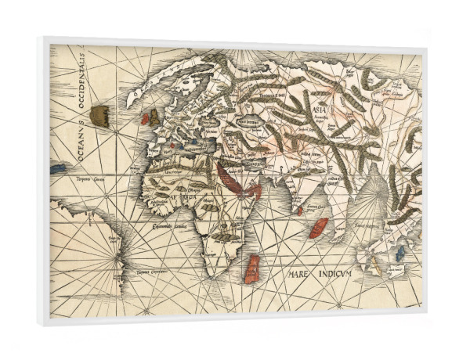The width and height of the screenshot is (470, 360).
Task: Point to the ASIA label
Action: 320,110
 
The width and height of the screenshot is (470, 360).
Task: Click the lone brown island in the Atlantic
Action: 99,116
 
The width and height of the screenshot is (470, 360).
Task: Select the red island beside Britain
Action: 145,119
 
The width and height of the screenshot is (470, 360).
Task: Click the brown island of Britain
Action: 154,117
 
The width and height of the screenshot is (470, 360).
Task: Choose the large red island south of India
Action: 318,228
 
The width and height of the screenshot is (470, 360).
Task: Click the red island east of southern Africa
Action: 252,268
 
